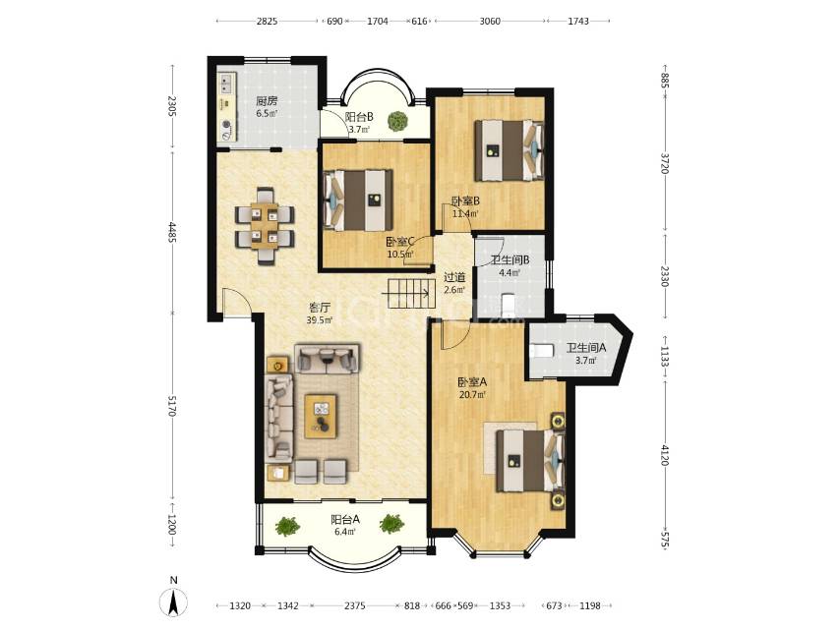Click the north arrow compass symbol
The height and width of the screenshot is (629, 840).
173,601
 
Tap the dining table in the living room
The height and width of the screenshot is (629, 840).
265,226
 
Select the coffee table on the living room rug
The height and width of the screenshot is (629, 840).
321,416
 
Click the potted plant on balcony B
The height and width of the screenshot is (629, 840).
398,121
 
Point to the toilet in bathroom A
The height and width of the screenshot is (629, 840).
541,351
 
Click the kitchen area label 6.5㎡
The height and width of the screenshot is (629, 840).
267,113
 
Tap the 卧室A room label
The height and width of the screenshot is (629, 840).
472,382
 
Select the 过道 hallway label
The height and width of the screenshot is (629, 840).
454,277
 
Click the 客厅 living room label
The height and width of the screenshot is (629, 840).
320,308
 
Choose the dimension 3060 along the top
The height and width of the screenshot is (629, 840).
490,21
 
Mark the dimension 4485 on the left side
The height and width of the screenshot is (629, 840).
172,232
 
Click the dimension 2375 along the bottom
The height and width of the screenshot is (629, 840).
355,605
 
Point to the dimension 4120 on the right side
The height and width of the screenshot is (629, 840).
665,456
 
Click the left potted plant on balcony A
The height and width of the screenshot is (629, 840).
287,526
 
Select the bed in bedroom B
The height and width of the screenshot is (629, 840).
509,150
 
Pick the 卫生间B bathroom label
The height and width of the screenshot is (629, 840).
510,260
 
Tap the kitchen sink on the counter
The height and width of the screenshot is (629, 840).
227,83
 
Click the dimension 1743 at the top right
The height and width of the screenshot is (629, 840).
578,21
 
